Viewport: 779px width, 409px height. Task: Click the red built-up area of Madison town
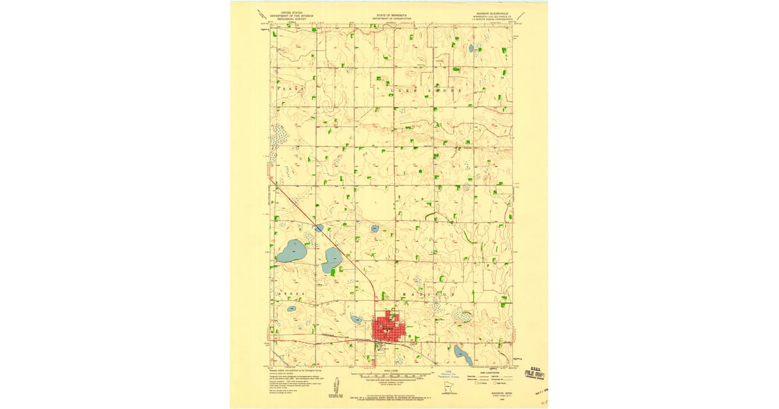(388, 328)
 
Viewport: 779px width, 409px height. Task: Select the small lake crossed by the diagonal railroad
(319, 227)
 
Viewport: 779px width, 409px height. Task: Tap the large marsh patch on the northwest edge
(280, 134)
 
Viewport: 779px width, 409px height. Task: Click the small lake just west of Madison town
(356, 319)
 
